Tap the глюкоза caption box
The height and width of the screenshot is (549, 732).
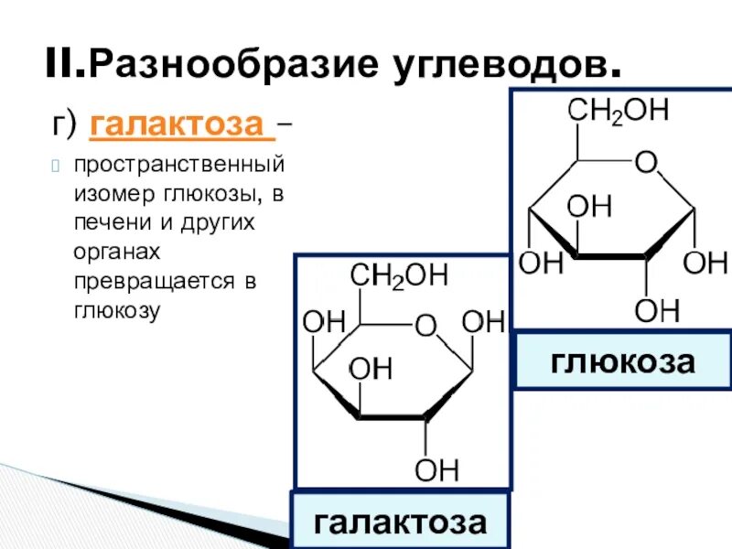623,361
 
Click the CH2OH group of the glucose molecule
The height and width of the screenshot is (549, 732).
619,112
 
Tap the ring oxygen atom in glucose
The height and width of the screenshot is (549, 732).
646,164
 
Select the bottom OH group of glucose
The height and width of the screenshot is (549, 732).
657,311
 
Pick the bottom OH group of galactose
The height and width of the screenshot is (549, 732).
436,470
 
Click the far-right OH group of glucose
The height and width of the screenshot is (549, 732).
705,264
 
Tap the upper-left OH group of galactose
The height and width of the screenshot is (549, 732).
324,322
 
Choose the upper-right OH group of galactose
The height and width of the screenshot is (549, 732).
483,322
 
